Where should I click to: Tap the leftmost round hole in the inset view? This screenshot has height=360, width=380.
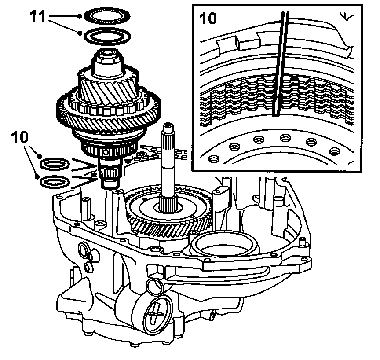pyautogui.click(x=214, y=158)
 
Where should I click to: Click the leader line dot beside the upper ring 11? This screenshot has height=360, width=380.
pyautogui.click(x=79, y=16)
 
